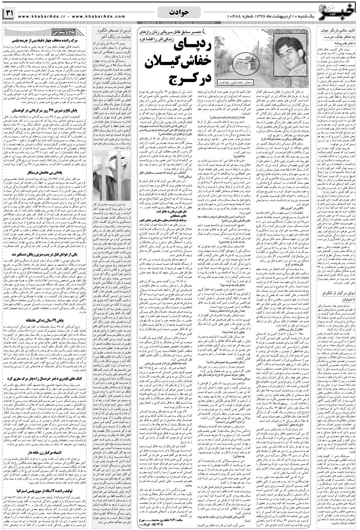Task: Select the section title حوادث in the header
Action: click(x=180, y=12)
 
